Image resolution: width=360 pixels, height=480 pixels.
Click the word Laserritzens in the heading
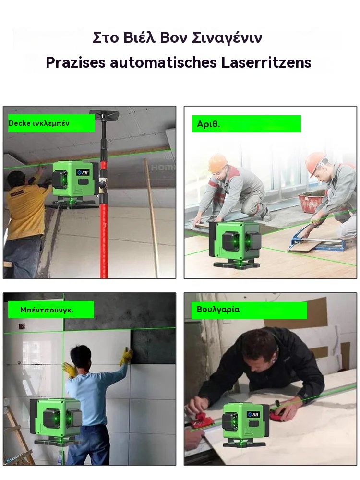[266, 62]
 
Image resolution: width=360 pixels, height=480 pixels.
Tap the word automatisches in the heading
[164, 62]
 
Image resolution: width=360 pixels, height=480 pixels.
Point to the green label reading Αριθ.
[246, 124]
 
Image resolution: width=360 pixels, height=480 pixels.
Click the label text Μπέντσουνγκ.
[47, 310]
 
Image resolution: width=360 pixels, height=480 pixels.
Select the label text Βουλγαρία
[218, 309]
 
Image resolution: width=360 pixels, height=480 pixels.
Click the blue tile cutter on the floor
[315, 240]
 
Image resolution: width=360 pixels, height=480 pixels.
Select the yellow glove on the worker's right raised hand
[126, 356]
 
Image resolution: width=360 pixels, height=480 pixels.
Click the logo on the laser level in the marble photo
[254, 415]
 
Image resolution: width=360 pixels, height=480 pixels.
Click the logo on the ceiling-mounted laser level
[83, 172]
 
